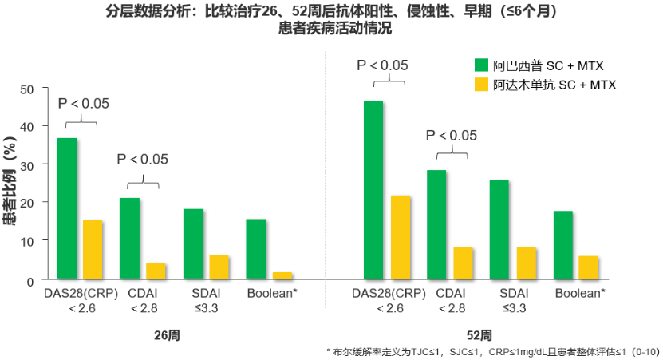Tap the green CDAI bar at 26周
pyautogui.click(x=129, y=238)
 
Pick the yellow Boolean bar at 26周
pyautogui.click(x=282, y=275)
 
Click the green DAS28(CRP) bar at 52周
pyautogui.click(x=373, y=190)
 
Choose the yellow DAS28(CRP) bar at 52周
pyautogui.click(x=400, y=237)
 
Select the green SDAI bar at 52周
pyautogui.click(x=499, y=229)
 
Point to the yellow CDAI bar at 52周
pyautogui.click(x=464, y=263)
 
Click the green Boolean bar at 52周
pyautogui.click(x=562, y=244)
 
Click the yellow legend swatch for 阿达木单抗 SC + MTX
pyautogui.click(x=482, y=85)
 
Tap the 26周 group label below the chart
pyautogui.click(x=167, y=335)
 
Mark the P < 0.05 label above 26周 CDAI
pyautogui.click(x=143, y=159)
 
